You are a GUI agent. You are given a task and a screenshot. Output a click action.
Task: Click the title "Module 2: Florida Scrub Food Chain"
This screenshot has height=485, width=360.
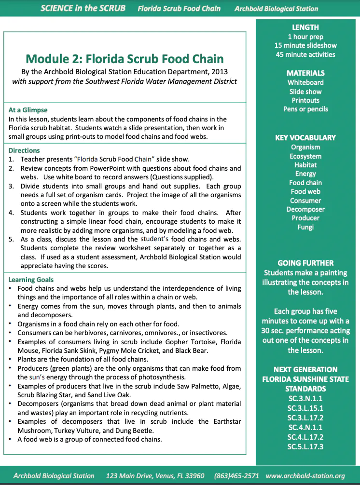125,59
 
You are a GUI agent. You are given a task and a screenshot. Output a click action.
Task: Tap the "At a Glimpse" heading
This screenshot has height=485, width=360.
28,110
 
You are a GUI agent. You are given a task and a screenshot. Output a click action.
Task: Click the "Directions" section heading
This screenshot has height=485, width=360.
24,150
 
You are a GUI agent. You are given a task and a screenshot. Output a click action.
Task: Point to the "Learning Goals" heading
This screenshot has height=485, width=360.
31,280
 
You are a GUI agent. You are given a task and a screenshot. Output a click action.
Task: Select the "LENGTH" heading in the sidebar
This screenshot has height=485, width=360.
305,27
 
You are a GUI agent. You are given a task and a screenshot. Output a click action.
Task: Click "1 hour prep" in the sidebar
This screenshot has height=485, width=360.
305,37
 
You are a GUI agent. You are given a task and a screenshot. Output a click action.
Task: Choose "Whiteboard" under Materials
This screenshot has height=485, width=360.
305,82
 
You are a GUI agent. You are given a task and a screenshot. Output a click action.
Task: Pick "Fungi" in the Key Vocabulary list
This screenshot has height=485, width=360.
305,227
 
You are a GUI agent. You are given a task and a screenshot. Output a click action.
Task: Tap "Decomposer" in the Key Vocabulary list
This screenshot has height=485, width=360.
305,209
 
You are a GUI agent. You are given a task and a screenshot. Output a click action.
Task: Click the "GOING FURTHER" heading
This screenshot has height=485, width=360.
305,263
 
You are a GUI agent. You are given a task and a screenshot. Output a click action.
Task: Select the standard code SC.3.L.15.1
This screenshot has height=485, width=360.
305,408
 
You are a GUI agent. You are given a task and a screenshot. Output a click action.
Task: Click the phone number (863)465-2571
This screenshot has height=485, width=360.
236,476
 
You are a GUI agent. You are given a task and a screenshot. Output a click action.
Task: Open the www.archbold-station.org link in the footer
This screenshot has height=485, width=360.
305,476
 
